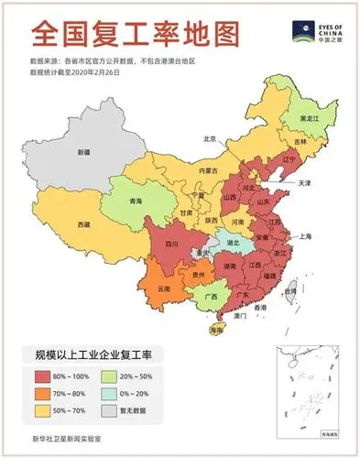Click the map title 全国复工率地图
pos(134,34)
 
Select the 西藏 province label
pos(84,224)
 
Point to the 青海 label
pos(136,201)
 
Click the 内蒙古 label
pos(211,170)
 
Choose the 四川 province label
pos(171,245)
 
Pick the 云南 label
pos(164,288)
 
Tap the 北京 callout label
pos(210,138)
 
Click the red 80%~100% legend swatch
pos(43,376)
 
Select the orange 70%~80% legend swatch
pos(43,393)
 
